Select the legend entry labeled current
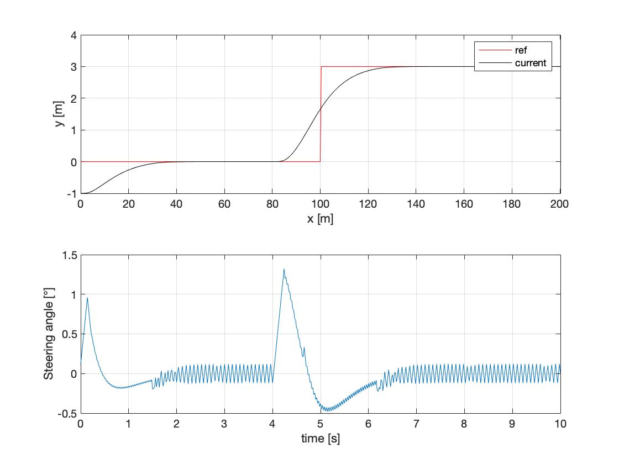coord(530,63)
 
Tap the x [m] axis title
coord(320,219)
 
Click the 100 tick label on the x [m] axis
coord(321,204)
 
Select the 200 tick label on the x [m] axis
coord(560,204)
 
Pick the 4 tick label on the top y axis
coord(72,35)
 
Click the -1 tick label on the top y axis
coord(70,193)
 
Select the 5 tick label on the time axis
coord(321,424)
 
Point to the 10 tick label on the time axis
coord(560,424)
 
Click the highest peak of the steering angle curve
coord(284,270)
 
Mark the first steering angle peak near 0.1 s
coord(87,298)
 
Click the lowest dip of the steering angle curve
coord(327,411)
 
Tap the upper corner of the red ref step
coord(321,67)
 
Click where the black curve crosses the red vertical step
coord(321,108)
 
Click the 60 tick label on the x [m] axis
coord(224,204)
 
